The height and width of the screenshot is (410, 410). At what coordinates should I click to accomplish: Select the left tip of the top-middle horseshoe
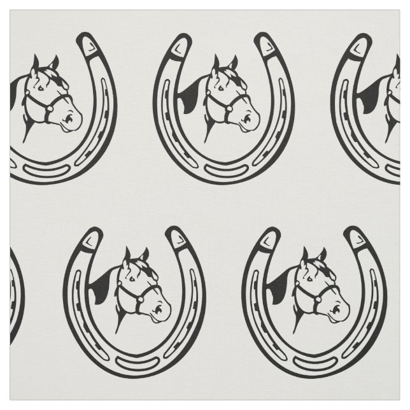181,45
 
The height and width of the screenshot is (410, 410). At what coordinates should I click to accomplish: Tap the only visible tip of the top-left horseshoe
86,45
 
